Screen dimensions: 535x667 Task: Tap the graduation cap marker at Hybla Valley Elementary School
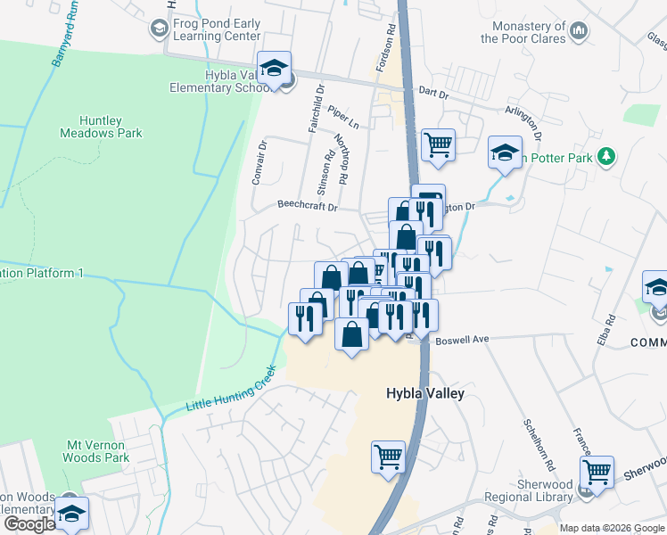[275, 68]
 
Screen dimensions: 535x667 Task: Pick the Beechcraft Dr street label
[307, 206]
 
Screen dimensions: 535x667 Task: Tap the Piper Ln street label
[342, 115]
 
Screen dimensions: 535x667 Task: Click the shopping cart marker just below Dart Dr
[438, 144]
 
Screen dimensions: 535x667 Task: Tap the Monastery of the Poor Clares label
[523, 32]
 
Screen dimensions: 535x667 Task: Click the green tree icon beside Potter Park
[606, 157]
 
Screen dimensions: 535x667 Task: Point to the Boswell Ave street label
[462, 340]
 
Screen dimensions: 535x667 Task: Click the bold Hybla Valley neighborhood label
[424, 393]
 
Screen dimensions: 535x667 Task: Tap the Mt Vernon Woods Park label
[99, 450]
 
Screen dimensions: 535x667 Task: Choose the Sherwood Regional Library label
[532, 504]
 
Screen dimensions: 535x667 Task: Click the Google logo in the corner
[29, 523]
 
